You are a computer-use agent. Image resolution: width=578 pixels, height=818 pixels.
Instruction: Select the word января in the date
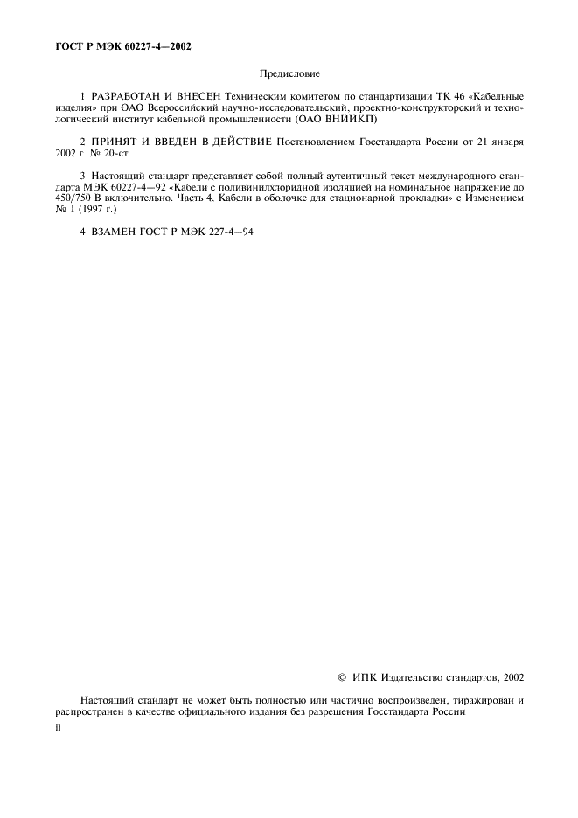point(506,141)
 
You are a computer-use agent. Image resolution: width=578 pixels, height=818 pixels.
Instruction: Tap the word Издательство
point(414,676)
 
